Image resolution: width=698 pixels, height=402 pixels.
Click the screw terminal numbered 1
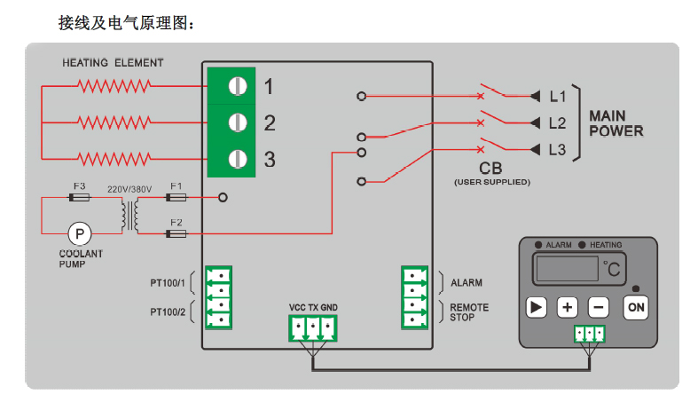pyautogui.click(x=237, y=86)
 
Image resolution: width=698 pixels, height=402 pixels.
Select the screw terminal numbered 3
pyautogui.click(x=237, y=159)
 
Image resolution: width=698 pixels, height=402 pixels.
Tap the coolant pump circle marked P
pyautogui.click(x=80, y=233)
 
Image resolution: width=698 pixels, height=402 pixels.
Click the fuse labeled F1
pyautogui.click(x=176, y=197)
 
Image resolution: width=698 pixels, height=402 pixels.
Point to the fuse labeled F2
pyautogui.click(x=176, y=233)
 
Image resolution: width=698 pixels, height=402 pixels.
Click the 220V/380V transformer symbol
pyautogui.click(x=129, y=215)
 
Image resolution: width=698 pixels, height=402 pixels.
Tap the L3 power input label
pyautogui.click(x=558, y=150)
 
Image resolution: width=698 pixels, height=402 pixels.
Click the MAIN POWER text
pyautogui.click(x=616, y=123)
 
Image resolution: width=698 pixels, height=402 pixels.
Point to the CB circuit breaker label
pyautogui.click(x=491, y=169)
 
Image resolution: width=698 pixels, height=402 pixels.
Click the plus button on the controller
pyautogui.click(x=568, y=307)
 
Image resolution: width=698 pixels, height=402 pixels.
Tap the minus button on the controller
pyautogui.click(x=599, y=307)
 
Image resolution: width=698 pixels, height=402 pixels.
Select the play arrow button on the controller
pyautogui.click(x=536, y=307)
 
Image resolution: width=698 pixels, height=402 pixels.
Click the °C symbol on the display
pyautogui.click(x=612, y=267)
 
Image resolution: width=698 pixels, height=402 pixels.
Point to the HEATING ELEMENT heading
pyautogui.click(x=113, y=63)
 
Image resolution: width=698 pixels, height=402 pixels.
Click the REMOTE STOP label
pyautogui.click(x=468, y=312)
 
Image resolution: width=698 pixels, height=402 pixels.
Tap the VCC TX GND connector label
pyautogui.click(x=313, y=308)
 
